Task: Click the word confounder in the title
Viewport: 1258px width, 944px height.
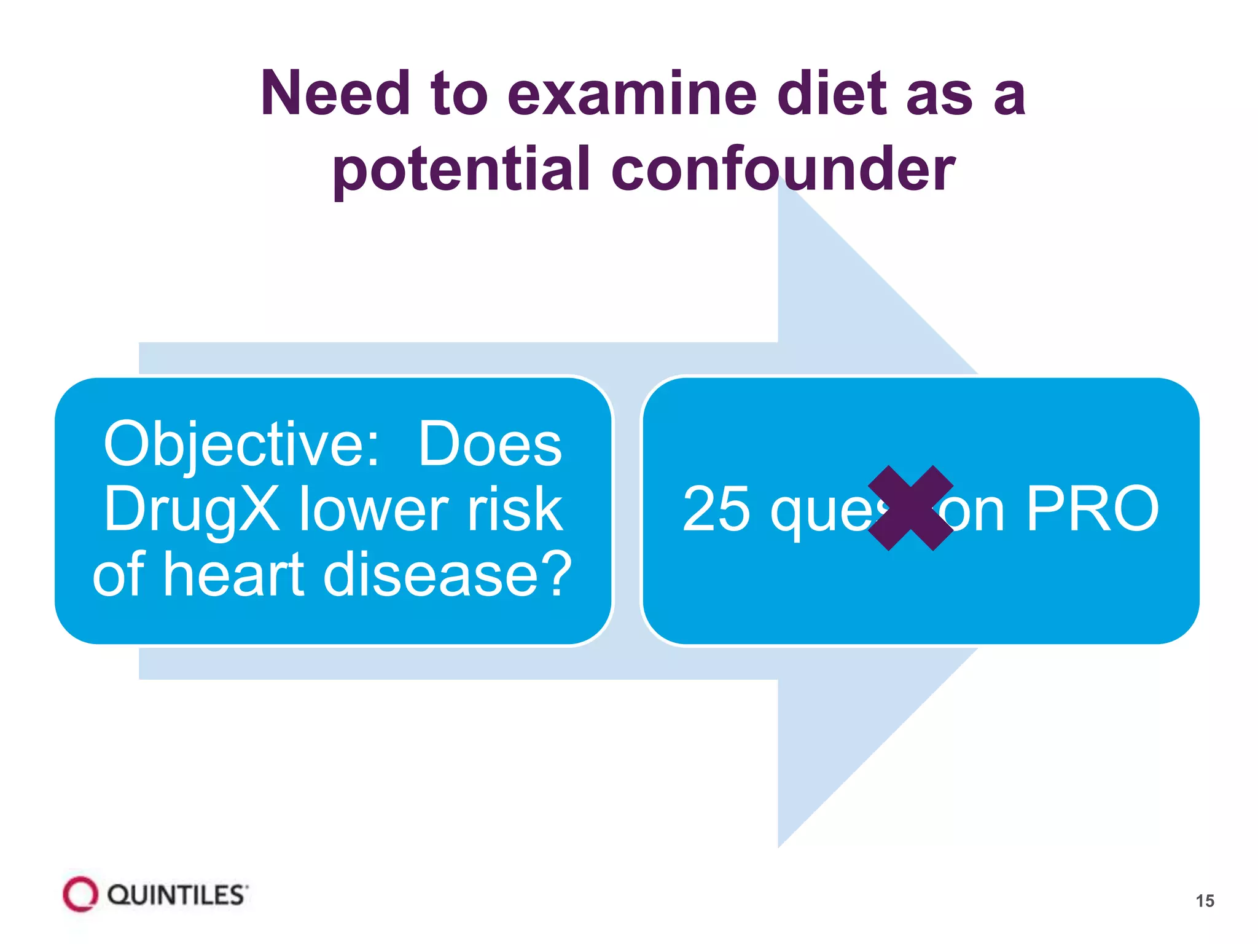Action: click(783, 169)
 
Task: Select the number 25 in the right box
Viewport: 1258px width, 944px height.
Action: click(716, 509)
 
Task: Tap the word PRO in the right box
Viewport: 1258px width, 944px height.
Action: click(1092, 509)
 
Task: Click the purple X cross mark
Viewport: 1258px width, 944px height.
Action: click(911, 508)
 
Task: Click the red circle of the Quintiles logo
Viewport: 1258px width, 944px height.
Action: click(80, 894)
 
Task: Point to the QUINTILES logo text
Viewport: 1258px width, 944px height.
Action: click(177, 895)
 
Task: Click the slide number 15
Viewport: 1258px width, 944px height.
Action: click(1205, 901)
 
